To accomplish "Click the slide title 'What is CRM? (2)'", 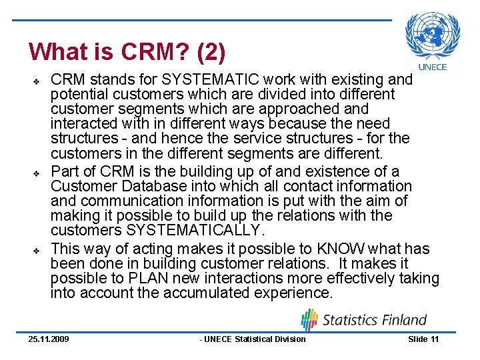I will (127, 51).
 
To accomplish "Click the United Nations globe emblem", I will (433, 35).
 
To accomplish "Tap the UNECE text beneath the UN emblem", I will (433, 67).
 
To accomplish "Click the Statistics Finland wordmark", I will (375, 320).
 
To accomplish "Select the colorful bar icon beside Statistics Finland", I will (309, 319).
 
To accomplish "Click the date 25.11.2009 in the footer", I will (48, 339).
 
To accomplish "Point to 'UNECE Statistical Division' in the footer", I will (253, 339).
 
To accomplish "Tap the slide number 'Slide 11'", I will (423, 339).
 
